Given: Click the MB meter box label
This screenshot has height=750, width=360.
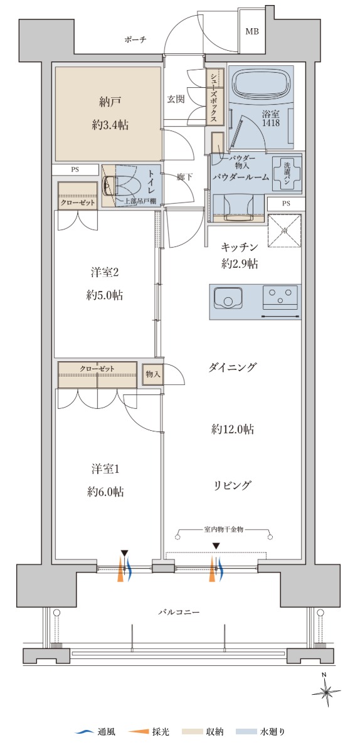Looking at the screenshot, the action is click(252, 32).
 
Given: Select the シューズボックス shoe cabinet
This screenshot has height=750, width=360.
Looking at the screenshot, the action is click(214, 98).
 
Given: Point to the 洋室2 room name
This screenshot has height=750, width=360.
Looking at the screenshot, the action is click(105, 272).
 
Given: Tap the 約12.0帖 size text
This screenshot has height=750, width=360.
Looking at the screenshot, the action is click(233, 429).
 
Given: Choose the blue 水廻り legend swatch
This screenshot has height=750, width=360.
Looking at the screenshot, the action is click(246, 732).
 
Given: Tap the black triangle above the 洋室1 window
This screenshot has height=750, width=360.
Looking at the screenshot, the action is click(125, 554).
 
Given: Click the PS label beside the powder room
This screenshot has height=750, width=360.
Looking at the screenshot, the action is click(285, 203).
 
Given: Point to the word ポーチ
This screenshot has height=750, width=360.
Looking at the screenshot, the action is click(135, 40).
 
